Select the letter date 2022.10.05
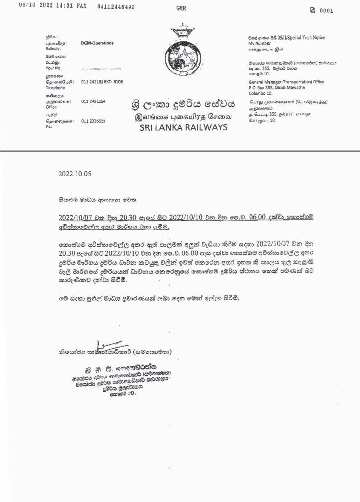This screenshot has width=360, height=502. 75,174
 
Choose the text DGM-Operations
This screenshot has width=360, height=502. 98,43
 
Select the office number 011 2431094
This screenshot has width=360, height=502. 94,101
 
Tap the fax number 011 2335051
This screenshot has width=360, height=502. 94,120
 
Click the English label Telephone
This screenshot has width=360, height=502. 55,88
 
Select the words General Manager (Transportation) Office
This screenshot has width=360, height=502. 286,82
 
